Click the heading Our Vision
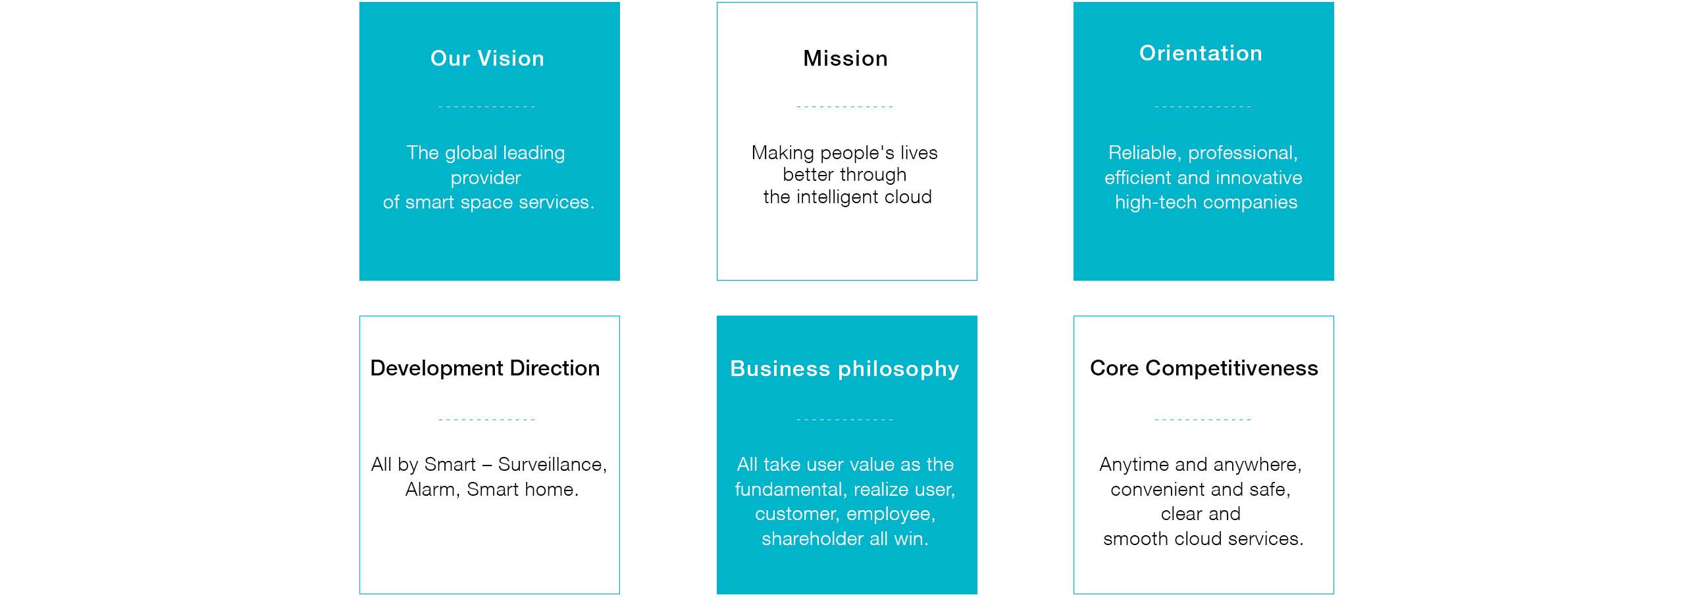pyautogui.click(x=487, y=59)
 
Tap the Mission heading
pyautogui.click(x=845, y=59)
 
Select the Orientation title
pyautogui.click(x=1201, y=53)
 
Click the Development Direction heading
pyautogui.click(x=485, y=368)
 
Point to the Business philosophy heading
pyautogui.click(x=844, y=370)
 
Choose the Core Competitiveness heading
pyautogui.click(x=1204, y=368)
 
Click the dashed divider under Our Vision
pyautogui.click(x=487, y=107)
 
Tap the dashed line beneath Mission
pyautogui.click(x=845, y=107)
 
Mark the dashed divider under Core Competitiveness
pyautogui.click(x=1203, y=419)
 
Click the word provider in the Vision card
pyautogui.click(x=486, y=178)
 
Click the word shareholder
pyautogui.click(x=813, y=539)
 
